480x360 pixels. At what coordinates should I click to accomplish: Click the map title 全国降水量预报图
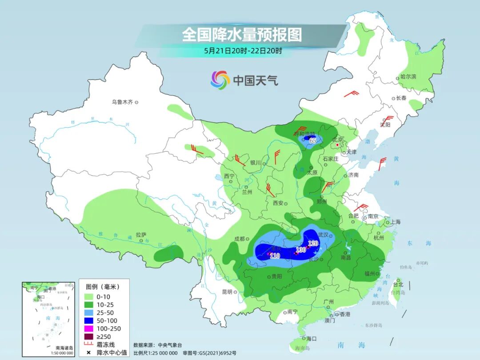(x=242, y=35)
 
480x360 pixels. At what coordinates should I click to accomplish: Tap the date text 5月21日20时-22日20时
(x=243, y=51)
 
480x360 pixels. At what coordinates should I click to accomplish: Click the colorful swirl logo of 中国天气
(x=220, y=80)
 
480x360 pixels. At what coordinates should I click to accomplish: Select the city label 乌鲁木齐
(x=122, y=102)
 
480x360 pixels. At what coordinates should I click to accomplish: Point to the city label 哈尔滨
(x=408, y=77)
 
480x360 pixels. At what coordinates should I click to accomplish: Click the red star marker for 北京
(x=338, y=145)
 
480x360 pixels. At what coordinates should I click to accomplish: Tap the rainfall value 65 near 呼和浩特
(x=313, y=140)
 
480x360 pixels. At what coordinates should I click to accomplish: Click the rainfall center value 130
(x=301, y=250)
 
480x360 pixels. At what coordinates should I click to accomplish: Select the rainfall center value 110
(x=275, y=256)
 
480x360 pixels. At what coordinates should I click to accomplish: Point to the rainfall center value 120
(x=313, y=243)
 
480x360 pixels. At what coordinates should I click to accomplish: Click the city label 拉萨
(x=141, y=235)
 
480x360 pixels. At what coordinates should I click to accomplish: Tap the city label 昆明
(x=227, y=292)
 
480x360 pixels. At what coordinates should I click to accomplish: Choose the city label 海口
(x=311, y=339)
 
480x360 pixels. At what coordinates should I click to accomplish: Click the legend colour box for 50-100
(x=88, y=320)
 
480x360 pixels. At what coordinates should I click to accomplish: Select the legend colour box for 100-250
(x=88, y=328)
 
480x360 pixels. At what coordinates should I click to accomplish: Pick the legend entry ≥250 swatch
(x=88, y=336)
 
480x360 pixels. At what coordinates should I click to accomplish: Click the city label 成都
(x=239, y=239)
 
